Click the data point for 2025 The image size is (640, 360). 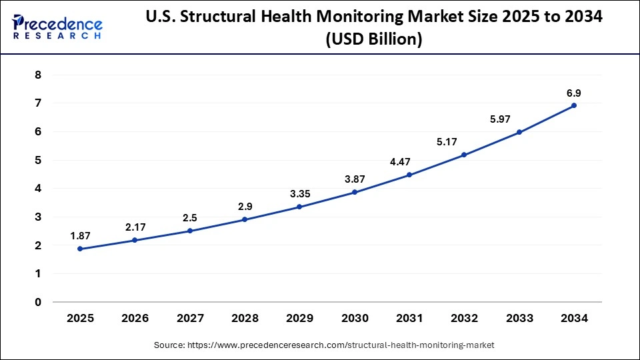80,249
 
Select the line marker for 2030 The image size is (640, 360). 355,192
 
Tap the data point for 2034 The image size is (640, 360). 574,105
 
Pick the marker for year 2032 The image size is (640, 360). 464,155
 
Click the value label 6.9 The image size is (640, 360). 574,93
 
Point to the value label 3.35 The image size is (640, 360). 299,194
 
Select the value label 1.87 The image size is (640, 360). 80,236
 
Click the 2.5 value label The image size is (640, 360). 190,218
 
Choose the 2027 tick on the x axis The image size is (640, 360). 190,319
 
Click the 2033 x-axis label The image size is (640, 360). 519,319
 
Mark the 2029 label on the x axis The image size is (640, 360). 299,319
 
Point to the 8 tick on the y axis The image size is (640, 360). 38,75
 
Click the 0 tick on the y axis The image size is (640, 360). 38,302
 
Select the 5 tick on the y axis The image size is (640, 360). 38,161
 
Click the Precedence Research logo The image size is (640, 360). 57,27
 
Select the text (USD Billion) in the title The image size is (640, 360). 373,40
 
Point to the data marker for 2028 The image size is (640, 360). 245,219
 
